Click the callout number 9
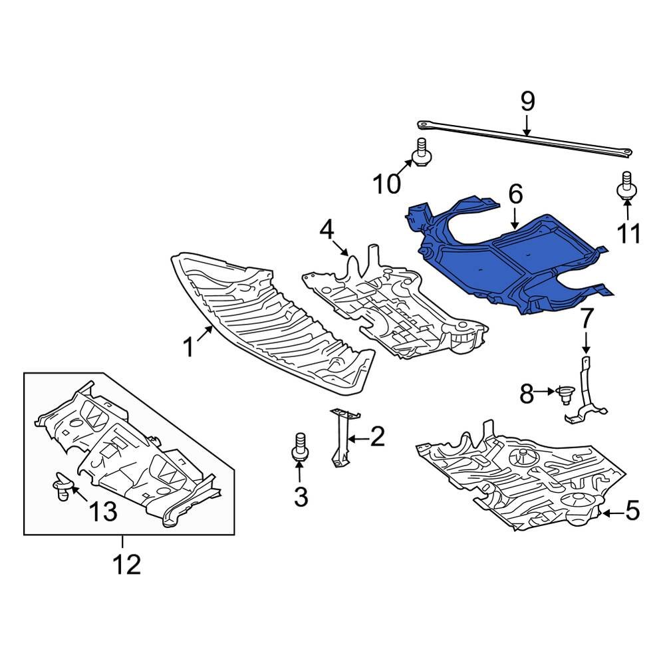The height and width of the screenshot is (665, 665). pyautogui.click(x=527, y=102)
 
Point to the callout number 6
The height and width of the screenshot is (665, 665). pyautogui.click(x=516, y=195)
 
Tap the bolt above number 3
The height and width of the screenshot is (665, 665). pyautogui.click(x=299, y=446)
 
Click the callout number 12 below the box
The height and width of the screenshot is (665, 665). pyautogui.click(x=126, y=565)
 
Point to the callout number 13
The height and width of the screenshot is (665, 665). pyautogui.click(x=103, y=511)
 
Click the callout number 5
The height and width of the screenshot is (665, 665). pyautogui.click(x=632, y=511)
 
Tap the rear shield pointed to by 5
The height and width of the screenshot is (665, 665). pyautogui.click(x=525, y=479)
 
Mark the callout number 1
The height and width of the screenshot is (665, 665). pyautogui.click(x=189, y=346)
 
